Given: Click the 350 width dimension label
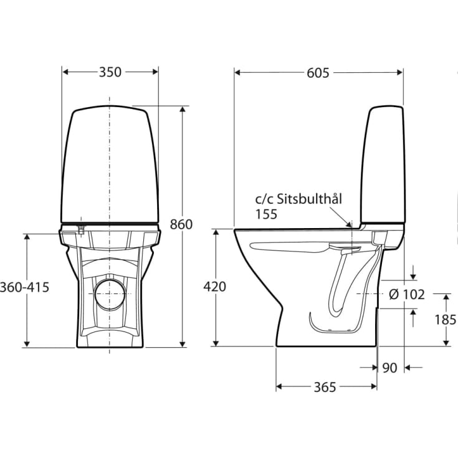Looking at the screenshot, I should [x=110, y=72].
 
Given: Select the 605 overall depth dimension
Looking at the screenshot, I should [x=318, y=72].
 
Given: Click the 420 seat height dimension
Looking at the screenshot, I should [x=214, y=287].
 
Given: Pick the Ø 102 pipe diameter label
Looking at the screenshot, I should [x=406, y=294].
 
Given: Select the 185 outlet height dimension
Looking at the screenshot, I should [x=446, y=320].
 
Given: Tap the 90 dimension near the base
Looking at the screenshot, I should [x=389, y=368].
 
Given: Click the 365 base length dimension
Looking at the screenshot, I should [x=325, y=387].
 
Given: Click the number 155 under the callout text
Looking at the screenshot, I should [x=266, y=213].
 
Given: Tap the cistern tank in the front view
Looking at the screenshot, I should [x=110, y=165].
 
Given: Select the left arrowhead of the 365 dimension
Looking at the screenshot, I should [x=279, y=387].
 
